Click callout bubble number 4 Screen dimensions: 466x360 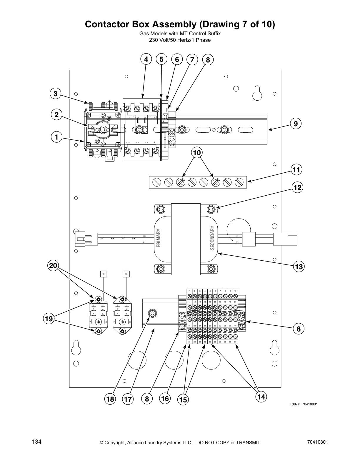click(146, 59)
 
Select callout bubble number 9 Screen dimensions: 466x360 click(296, 124)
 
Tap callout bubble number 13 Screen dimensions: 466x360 click(299, 267)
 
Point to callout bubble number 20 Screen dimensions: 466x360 click(53, 266)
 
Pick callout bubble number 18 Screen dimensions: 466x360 click(110, 399)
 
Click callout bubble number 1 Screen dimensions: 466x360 click(56, 137)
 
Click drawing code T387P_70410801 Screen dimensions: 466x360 click(304, 404)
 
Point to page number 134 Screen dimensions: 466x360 click(37, 442)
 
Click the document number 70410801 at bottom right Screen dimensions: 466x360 click(317, 442)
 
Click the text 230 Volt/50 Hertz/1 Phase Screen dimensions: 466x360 click(180, 40)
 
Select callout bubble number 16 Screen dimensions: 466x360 click(165, 399)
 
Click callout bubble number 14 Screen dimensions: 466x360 click(261, 397)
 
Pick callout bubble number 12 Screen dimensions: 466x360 click(297, 187)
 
